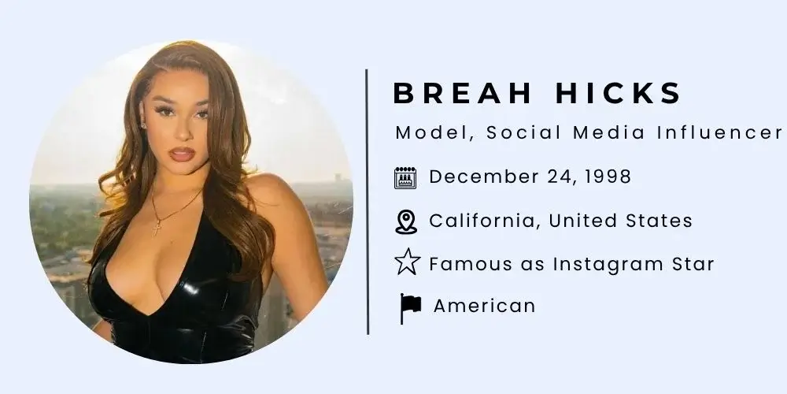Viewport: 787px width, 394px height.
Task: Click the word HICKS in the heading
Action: click(615, 94)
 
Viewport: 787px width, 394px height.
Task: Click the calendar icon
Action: click(405, 177)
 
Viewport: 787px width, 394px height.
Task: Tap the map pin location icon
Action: click(405, 221)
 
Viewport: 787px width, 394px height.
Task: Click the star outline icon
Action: click(406, 262)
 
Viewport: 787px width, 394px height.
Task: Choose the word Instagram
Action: click(604, 264)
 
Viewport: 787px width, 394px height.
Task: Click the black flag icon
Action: click(409, 307)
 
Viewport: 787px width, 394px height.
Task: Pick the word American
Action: click(484, 306)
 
